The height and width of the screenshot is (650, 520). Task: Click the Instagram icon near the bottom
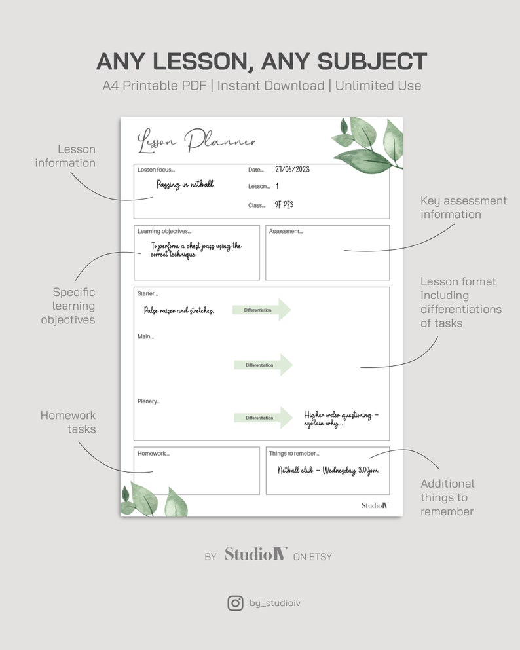[235, 603]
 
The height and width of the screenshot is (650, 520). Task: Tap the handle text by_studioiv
[276, 604]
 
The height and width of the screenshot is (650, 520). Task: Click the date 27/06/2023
[292, 169]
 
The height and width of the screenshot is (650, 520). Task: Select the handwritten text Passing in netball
[185, 185]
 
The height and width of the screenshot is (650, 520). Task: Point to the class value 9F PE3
[284, 205]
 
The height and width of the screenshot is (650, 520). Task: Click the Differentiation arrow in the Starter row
[261, 310]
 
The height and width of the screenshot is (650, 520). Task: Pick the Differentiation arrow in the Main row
[263, 365]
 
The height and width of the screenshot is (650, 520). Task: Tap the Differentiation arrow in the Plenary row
[263, 418]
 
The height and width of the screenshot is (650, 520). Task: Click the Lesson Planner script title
[196, 141]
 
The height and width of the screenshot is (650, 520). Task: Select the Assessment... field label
[286, 232]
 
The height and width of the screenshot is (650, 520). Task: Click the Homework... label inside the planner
[153, 453]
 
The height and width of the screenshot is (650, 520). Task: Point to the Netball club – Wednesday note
[328, 470]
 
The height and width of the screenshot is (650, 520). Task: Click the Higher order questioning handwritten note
[341, 419]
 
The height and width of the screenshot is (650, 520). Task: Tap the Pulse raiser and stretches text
[179, 310]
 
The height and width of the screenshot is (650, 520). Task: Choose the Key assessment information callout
[463, 208]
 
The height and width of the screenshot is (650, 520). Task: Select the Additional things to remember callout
[447, 497]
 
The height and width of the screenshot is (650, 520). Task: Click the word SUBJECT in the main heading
[373, 62]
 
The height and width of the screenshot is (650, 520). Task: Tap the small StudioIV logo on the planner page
[375, 505]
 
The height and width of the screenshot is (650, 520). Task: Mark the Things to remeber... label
[294, 453]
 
